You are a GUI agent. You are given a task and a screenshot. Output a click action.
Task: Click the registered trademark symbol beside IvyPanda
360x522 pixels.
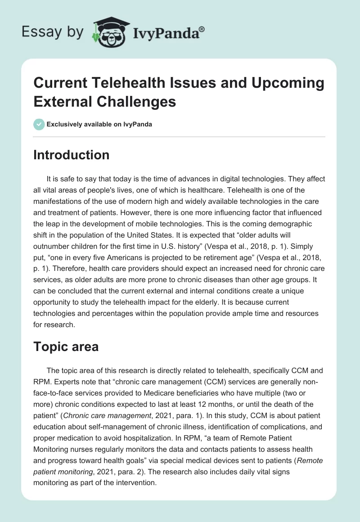tap(202, 29)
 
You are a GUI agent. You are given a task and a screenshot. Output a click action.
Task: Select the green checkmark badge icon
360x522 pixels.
tap(39, 124)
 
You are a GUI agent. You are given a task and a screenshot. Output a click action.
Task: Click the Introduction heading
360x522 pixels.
tap(72, 155)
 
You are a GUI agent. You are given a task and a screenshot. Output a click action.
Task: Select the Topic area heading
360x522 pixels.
tap(66, 347)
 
